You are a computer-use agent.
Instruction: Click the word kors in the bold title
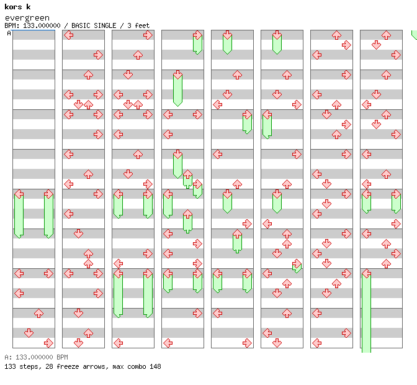[12, 7]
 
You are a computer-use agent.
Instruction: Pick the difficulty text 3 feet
[138, 25]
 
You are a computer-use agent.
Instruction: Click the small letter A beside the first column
[9, 34]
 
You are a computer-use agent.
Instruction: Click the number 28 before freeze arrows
[45, 366]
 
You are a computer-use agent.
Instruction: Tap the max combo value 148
[155, 366]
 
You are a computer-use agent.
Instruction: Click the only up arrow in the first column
[38, 313]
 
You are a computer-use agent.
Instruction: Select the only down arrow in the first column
[29, 333]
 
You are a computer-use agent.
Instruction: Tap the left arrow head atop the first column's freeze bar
[19, 194]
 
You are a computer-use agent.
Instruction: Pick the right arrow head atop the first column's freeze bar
[48, 194]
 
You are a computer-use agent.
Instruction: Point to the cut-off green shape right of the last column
[414, 35]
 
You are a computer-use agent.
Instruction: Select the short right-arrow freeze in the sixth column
[297, 266]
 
